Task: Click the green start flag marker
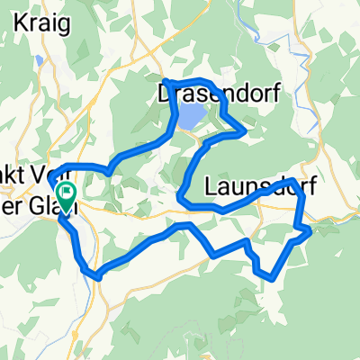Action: pos(66,194)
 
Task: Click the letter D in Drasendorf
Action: pos(166,93)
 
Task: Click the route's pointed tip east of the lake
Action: pos(246,131)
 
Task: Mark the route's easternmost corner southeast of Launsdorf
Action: pos(310,231)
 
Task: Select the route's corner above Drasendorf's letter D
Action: pos(164,82)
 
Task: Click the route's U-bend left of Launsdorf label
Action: pos(182,195)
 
